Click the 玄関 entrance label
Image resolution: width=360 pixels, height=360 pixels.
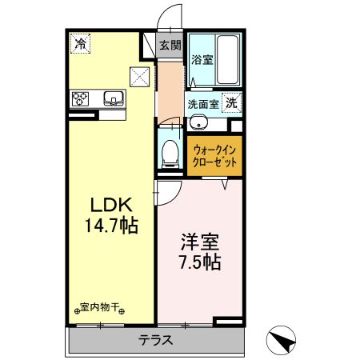tap(169, 46)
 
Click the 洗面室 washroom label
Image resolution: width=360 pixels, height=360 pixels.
tap(203, 103)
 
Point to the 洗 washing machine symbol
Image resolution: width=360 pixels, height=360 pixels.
tap(230, 102)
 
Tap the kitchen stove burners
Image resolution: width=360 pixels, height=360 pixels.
tap(82, 100)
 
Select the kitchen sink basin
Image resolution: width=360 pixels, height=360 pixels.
tap(112, 100)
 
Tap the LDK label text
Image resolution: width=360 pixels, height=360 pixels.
tap(106, 205)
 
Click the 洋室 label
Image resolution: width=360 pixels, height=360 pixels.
tap(198, 241)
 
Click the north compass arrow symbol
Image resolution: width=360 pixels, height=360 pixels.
tap(281, 342)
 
